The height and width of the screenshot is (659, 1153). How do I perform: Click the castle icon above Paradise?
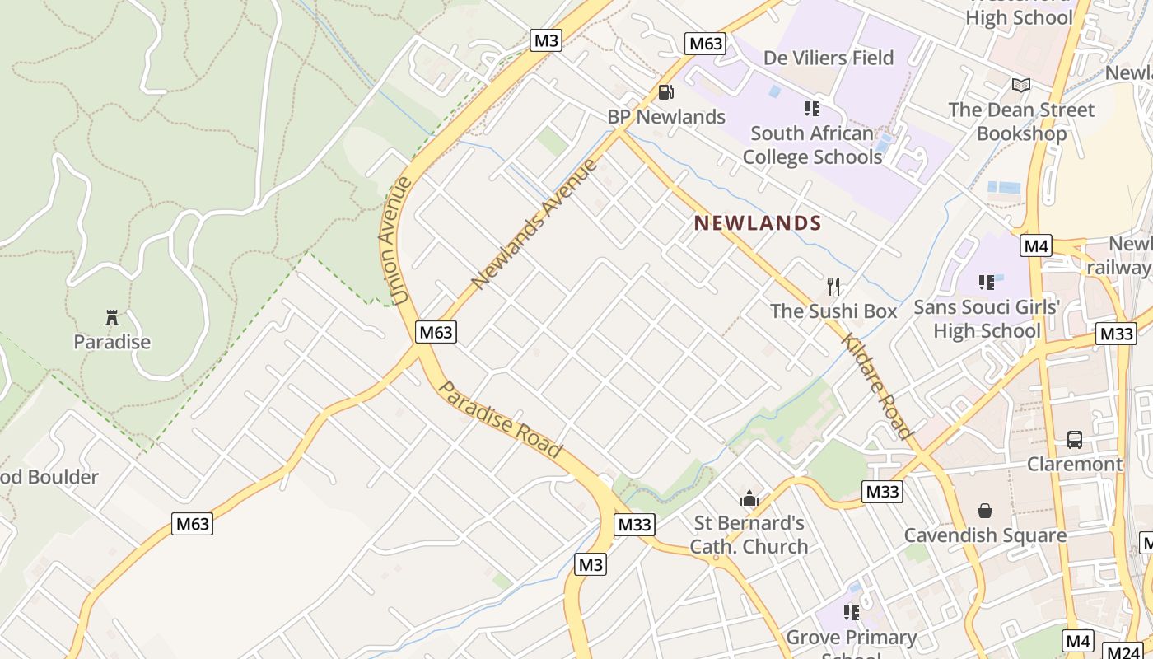click(112, 317)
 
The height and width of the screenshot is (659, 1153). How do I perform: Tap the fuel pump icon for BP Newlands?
click(665, 92)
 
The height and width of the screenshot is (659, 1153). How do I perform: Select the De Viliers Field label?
click(828, 58)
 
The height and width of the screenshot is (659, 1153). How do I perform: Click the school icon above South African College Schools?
click(811, 108)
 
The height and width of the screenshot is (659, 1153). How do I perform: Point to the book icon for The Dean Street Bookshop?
click(1020, 85)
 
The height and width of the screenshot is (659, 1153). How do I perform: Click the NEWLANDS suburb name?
click(758, 222)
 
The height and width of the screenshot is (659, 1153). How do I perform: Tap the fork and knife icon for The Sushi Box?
click(833, 287)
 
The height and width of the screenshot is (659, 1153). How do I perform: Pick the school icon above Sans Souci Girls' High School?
click(986, 283)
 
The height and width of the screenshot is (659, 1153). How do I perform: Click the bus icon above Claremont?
click(1074, 439)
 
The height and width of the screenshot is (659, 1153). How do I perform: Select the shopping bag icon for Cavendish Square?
click(984, 511)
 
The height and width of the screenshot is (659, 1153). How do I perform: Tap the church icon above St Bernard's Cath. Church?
click(749, 498)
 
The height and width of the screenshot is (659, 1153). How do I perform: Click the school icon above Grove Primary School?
click(851, 612)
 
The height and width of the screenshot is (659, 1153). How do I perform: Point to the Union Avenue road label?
click(396, 240)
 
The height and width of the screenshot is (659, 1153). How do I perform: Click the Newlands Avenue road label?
click(534, 224)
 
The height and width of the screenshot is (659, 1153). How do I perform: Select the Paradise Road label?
click(500, 418)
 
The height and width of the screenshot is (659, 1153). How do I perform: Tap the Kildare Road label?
click(877, 386)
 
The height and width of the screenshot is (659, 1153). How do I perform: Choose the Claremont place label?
click(1074, 464)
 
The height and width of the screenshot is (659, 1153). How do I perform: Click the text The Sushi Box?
click(833, 311)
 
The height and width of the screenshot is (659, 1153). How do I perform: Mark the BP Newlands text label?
click(666, 117)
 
